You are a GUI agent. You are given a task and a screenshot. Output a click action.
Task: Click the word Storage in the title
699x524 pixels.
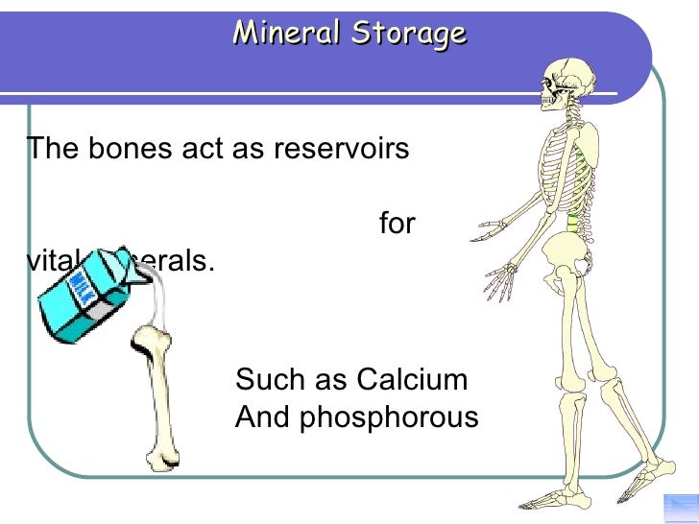coord(409,35)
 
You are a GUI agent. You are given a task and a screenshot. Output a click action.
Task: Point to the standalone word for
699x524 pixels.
coord(397,224)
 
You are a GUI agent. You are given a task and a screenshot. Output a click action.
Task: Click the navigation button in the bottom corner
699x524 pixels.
coord(681,509)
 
